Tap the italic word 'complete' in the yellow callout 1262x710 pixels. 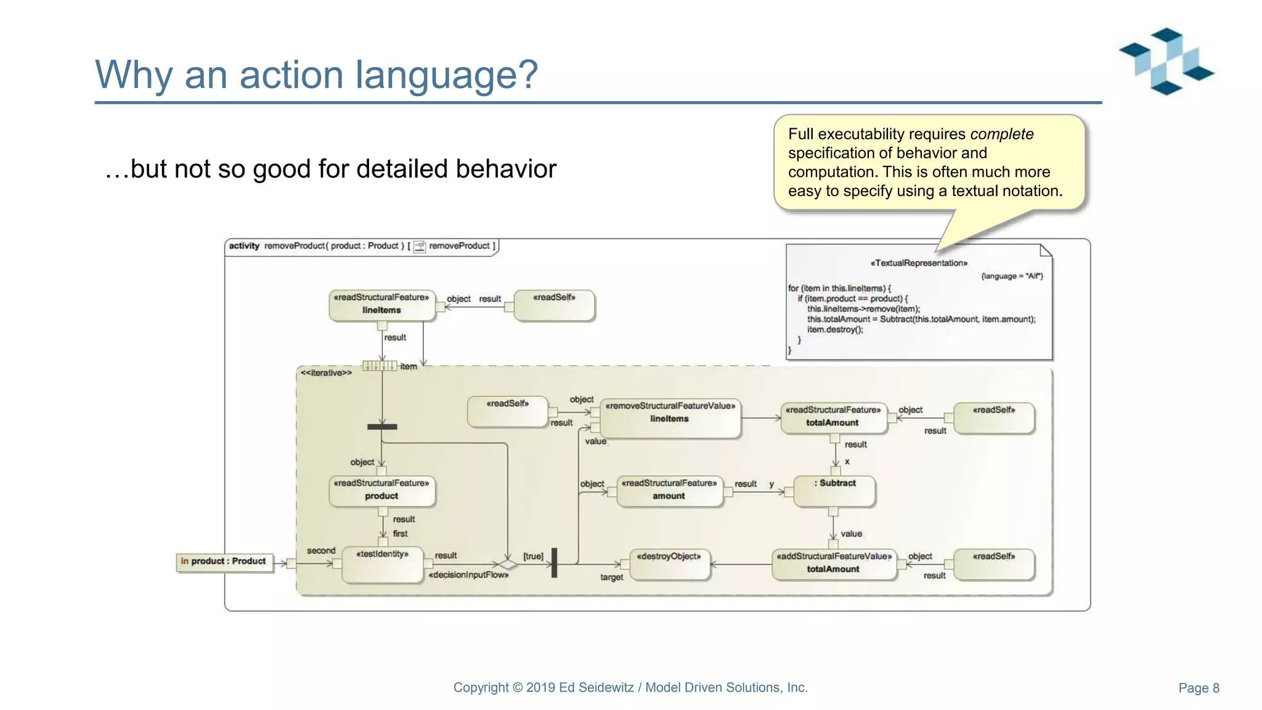(1001, 134)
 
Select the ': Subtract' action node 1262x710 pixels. (834, 491)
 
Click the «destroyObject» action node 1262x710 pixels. (669, 564)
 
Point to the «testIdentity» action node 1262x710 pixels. (383, 564)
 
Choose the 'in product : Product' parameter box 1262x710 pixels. (224, 561)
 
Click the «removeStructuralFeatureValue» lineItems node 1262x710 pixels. (670, 418)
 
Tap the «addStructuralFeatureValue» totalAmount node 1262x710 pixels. (834, 564)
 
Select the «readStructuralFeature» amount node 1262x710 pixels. (669, 491)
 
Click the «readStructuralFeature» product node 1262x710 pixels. (381, 491)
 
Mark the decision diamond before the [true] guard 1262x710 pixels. (508, 564)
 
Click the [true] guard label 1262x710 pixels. (533, 556)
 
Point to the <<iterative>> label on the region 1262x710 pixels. (326, 373)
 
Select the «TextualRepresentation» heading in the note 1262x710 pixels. (918, 263)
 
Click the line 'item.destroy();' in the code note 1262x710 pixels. (835, 330)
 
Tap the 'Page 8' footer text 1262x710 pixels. (1198, 688)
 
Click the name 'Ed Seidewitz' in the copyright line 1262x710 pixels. (596, 688)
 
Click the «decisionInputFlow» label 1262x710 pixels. (468, 575)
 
